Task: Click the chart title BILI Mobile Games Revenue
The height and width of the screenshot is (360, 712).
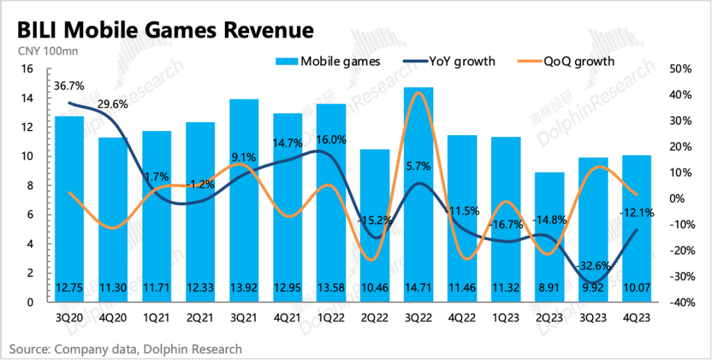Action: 165,30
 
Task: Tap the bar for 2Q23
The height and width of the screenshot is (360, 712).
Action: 549,237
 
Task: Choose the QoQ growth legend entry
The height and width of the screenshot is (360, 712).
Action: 568,62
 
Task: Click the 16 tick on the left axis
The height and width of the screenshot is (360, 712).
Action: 27,69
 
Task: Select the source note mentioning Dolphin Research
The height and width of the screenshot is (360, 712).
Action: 125,349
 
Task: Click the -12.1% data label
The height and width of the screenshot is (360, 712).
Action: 637,212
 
